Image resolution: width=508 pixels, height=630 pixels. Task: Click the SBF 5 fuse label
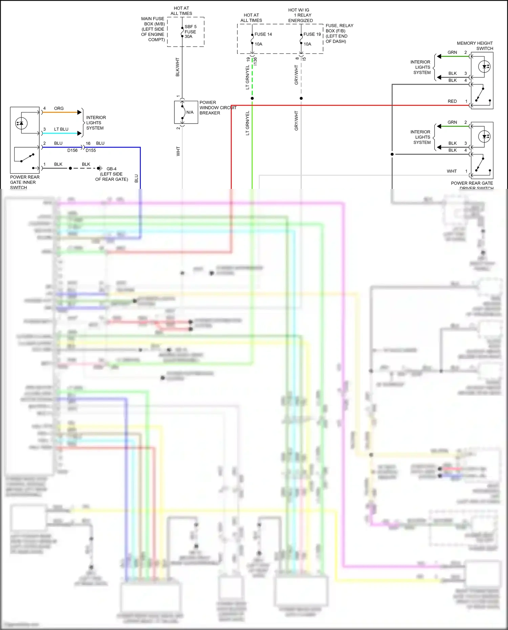(190, 27)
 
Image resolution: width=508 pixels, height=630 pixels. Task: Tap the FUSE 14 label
(263, 34)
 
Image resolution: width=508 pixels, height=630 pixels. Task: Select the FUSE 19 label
(312, 34)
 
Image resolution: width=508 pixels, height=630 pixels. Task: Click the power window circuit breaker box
(186, 112)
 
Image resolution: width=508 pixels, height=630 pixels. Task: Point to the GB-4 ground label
(111, 169)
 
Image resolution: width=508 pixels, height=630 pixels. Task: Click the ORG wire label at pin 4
(59, 108)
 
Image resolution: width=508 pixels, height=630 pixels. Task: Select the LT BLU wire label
(61, 129)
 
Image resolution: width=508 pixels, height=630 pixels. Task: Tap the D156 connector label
(72, 150)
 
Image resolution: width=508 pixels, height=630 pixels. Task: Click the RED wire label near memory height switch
(452, 101)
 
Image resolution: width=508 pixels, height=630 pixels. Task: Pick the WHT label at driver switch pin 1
(451, 171)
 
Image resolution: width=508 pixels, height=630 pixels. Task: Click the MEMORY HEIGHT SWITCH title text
(475, 46)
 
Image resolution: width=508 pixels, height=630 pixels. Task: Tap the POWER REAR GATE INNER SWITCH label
(25, 182)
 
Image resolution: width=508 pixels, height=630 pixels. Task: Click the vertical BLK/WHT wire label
(177, 67)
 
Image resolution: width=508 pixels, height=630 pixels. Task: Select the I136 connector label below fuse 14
(255, 61)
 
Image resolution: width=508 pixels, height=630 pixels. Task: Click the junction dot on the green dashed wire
(252, 99)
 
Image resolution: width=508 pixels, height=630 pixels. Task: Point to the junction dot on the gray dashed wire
(301, 99)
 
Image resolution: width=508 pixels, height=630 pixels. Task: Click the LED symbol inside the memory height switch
(485, 67)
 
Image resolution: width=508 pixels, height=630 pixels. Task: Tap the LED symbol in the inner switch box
(21, 123)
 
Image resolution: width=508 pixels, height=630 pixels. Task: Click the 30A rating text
(188, 37)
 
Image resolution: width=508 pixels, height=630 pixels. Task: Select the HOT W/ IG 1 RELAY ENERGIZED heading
(300, 15)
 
